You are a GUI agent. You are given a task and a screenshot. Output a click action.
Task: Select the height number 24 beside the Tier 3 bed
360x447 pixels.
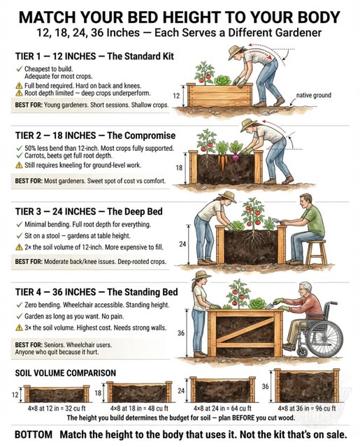[184, 244]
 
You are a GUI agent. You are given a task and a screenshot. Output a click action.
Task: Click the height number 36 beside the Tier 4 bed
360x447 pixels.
[181, 333]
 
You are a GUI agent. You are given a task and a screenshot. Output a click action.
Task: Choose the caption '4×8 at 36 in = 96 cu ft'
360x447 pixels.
[305, 407]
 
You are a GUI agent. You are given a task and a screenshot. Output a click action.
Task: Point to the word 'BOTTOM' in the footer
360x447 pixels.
[33, 434]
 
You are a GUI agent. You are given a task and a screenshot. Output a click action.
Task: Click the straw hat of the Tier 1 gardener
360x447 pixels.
[238, 51]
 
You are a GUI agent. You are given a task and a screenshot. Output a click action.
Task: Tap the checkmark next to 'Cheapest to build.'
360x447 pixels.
[18, 69]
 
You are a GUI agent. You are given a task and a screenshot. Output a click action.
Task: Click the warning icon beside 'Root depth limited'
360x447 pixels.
[18, 91]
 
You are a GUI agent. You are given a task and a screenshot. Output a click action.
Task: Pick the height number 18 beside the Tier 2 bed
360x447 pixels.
[179, 168]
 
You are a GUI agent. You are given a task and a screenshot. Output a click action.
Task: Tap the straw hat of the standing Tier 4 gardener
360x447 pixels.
[202, 275]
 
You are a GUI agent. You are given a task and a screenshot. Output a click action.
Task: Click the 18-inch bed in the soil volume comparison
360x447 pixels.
[139, 393]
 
